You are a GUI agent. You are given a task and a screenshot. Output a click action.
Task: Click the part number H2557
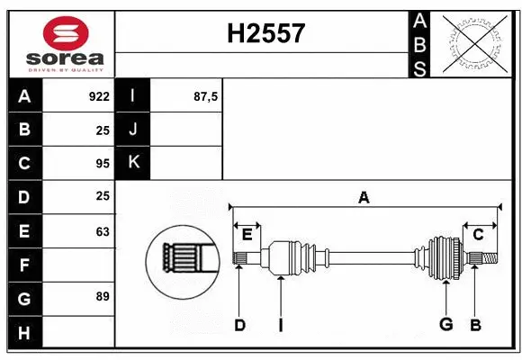click(266, 34)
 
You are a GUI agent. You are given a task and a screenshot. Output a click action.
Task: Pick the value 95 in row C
click(102, 164)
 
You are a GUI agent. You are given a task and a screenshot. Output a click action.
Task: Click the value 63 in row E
click(102, 231)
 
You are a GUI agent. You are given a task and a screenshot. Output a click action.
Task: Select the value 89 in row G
click(102, 296)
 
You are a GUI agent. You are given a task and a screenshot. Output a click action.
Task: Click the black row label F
click(24, 265)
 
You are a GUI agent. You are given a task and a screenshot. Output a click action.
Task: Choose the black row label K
click(133, 163)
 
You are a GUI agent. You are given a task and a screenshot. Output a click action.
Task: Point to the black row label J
click(133, 130)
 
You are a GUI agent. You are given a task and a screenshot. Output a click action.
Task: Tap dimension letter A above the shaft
click(364, 198)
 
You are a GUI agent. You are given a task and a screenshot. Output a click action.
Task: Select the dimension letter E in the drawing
click(247, 235)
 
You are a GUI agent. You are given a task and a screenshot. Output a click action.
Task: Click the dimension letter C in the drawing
click(478, 234)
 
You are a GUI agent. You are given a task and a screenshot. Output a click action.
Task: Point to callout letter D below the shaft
click(239, 326)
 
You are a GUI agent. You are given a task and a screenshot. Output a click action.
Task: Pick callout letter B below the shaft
click(474, 326)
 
